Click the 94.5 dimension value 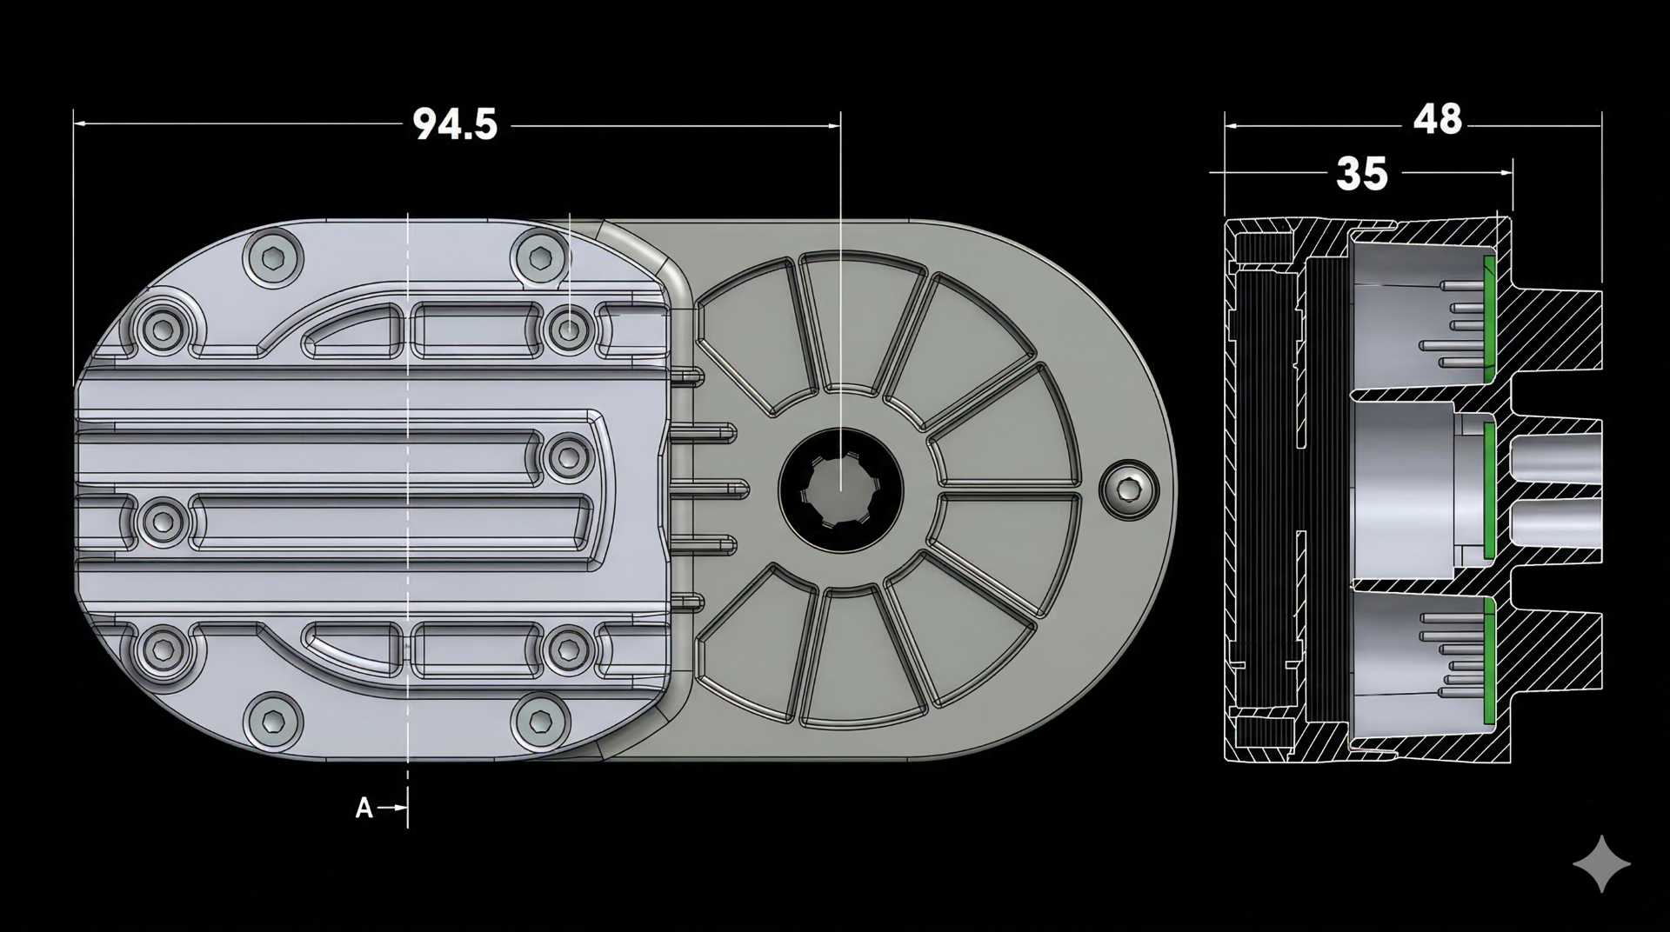pyautogui.click(x=455, y=125)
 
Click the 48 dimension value pyautogui.click(x=1437, y=120)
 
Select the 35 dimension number pyautogui.click(x=1361, y=175)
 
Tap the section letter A pyautogui.click(x=364, y=809)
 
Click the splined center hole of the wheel pyautogui.click(x=840, y=489)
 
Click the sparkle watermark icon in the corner pyautogui.click(x=1601, y=864)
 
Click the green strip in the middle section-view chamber pyautogui.click(x=1486, y=489)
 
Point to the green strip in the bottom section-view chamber pyautogui.click(x=1488, y=661)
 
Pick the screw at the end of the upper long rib pyautogui.click(x=568, y=456)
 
